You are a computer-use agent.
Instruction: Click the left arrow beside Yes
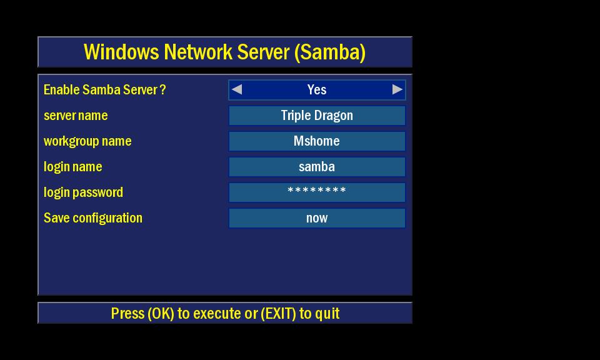[237, 89]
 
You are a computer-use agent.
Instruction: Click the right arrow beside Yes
[397, 89]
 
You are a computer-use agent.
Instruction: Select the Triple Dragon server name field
[317, 116]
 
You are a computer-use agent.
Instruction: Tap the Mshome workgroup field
[317, 141]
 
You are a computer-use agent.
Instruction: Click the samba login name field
[317, 167]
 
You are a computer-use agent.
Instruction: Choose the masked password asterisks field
[317, 192]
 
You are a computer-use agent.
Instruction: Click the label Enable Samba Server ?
[105, 90]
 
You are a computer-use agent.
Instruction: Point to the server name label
[76, 116]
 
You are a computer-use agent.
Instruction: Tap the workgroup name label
[87, 141]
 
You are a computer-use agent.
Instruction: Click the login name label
[72, 167]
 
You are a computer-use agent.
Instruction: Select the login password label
[83, 192]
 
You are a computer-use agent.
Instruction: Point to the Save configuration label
[93, 218]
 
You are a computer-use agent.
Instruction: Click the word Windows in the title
[121, 52]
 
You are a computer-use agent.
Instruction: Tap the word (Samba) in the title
[330, 52]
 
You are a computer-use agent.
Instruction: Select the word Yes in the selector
[317, 90]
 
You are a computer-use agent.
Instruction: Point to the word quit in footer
[327, 314]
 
